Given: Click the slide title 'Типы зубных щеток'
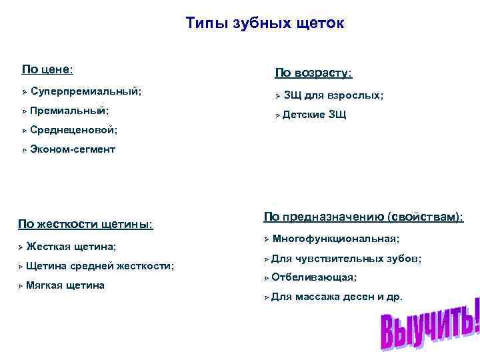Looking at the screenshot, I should click(265, 24).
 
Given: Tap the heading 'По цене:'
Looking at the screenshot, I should click(47, 69).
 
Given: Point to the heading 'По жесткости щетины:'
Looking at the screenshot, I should click(85, 223).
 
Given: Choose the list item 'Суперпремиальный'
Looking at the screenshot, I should click(85, 90).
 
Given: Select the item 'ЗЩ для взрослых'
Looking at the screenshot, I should click(333, 95).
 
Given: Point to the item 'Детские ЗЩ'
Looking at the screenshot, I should click(314, 115).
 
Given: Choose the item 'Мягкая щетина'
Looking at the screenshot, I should click(65, 285).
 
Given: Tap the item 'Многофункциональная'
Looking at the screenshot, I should click(336, 238).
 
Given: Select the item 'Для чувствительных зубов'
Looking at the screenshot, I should click(346, 258).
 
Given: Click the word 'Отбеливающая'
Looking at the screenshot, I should click(314, 277).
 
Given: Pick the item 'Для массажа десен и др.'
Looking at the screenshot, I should click(337, 296).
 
